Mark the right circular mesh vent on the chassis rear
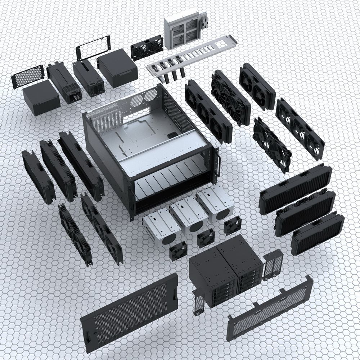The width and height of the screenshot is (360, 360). pos(151,94)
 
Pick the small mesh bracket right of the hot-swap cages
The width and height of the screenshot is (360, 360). pos(273,265)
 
